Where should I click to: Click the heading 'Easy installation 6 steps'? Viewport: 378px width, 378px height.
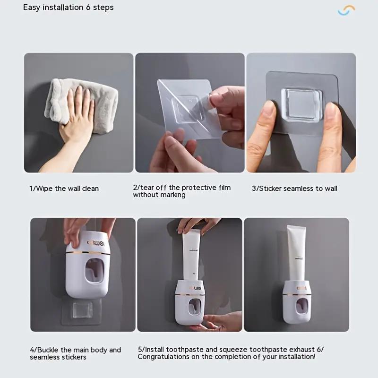(x=69, y=8)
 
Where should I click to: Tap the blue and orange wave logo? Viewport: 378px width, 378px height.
(x=346, y=10)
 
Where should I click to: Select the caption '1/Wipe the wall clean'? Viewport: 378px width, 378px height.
(x=64, y=189)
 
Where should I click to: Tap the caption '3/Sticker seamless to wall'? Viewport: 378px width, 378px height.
(x=294, y=189)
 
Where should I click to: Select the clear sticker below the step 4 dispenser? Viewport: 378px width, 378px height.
(x=81, y=312)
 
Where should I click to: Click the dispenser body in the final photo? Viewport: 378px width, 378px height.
(x=296, y=302)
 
